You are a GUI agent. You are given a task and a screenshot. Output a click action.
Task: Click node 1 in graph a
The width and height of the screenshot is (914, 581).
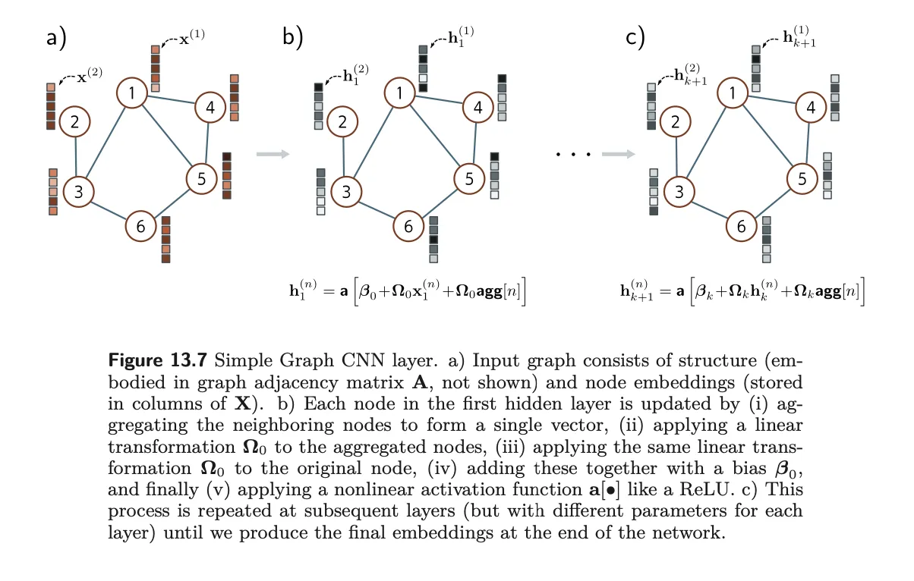pyautogui.click(x=132, y=93)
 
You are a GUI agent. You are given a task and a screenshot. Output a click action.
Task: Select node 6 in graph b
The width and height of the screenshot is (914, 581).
pyautogui.click(x=408, y=226)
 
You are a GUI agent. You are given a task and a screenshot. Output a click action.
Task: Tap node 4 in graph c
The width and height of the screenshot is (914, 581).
pyautogui.click(x=811, y=108)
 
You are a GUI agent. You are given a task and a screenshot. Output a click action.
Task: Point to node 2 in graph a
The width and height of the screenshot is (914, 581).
pyautogui.click(x=74, y=121)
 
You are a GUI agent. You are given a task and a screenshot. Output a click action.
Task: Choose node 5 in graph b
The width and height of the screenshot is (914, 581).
pyautogui.click(x=469, y=179)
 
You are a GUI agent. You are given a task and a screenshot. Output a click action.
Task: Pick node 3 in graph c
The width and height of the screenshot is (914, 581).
pyautogui.click(x=679, y=191)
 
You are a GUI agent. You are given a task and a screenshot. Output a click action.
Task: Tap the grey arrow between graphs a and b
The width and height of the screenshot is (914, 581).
pyautogui.click(x=273, y=154)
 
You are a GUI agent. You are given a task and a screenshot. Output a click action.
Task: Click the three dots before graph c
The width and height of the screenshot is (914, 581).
pyautogui.click(x=573, y=155)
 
